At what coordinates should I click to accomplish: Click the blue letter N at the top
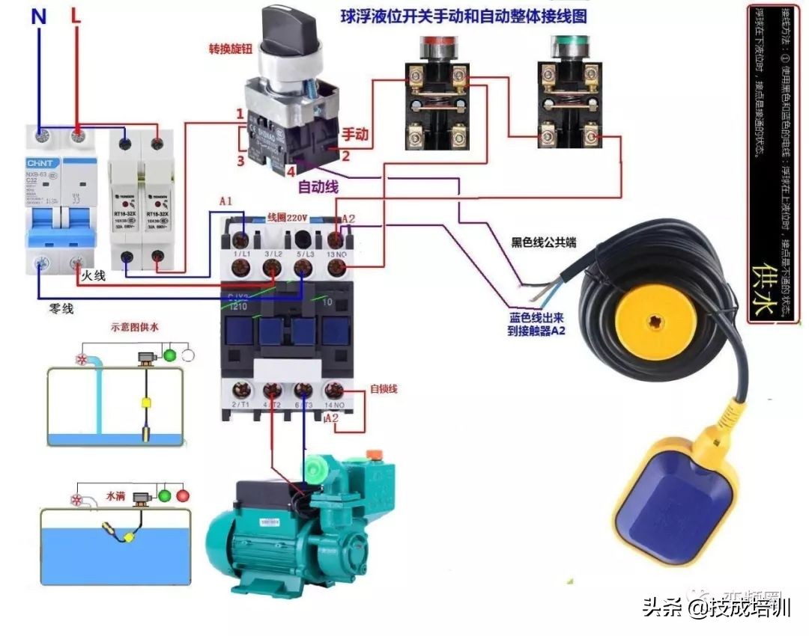click(x=38, y=16)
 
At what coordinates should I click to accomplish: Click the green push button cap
click(x=571, y=46)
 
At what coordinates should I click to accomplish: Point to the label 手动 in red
click(x=356, y=135)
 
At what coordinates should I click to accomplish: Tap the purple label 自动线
click(x=318, y=186)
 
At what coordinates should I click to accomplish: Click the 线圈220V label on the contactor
click(x=288, y=217)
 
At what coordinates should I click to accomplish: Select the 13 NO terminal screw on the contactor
click(x=336, y=240)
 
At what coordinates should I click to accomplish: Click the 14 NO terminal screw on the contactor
click(x=335, y=390)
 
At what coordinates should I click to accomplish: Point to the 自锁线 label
click(x=384, y=389)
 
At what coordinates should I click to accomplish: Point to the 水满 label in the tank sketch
click(x=115, y=495)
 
